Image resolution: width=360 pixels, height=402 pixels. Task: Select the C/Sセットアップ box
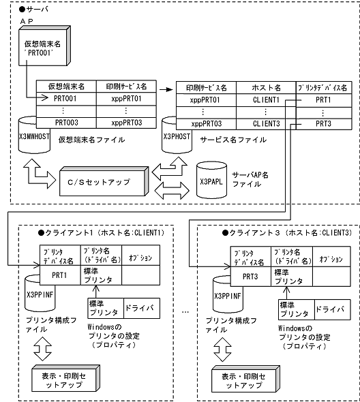102,182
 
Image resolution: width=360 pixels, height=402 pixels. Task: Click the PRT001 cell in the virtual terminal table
65,99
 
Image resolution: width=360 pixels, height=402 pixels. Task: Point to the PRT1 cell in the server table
323,99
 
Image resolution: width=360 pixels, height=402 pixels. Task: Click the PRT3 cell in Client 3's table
245,277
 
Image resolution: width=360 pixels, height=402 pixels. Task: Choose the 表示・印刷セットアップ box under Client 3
254,377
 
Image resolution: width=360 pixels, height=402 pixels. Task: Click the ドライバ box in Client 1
140,308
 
